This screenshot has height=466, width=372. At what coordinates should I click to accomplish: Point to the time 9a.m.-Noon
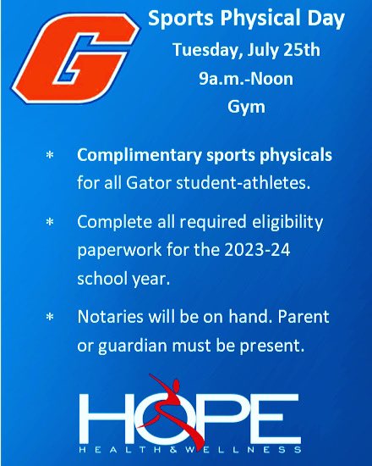pyautogui.click(x=234, y=79)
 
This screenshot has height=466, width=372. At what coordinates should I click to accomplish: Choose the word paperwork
pyautogui.click(x=113, y=246)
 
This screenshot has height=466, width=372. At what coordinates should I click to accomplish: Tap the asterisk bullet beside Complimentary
pyautogui.click(x=49, y=158)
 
